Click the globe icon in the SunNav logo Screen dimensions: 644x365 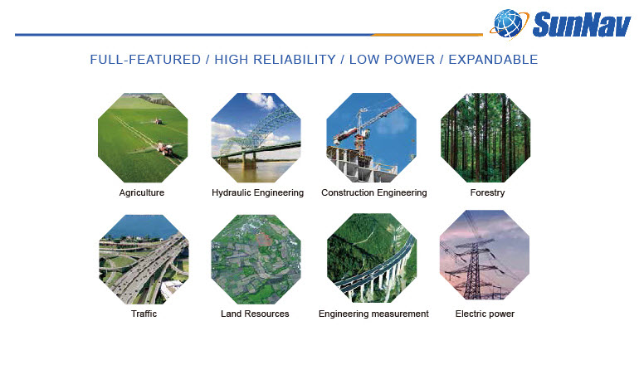[x=509, y=24]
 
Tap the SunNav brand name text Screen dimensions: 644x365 [x=581, y=25]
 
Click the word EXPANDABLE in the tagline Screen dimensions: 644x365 [x=493, y=60]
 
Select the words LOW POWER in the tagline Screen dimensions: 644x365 [x=392, y=60]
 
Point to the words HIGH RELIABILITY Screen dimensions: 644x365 [x=275, y=60]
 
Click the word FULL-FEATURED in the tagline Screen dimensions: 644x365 [x=145, y=60]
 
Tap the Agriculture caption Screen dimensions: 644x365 [x=142, y=192]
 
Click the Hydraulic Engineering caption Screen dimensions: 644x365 [x=257, y=192]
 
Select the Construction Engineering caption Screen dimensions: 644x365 [x=374, y=192]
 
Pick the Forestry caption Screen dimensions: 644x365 [x=487, y=192]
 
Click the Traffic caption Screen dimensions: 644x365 [x=144, y=314]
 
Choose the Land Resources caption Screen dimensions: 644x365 [x=255, y=314]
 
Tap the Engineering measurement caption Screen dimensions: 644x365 [x=373, y=314]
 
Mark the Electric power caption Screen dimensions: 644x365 [x=485, y=314]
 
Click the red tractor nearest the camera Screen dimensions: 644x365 [x=165, y=148]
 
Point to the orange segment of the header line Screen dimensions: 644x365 [x=427, y=35]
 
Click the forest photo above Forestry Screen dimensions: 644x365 [x=485, y=138]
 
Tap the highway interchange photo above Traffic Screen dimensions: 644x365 [x=144, y=259]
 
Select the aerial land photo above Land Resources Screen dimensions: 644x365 [x=256, y=259]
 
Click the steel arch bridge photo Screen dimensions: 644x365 [x=256, y=138]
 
